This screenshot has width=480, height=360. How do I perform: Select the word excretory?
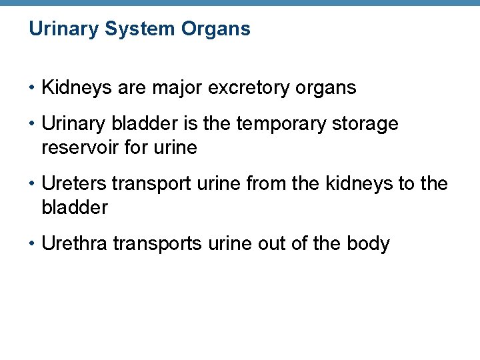point(246,87)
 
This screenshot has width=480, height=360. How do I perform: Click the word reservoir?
point(76,147)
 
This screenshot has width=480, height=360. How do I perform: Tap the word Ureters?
point(73,184)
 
